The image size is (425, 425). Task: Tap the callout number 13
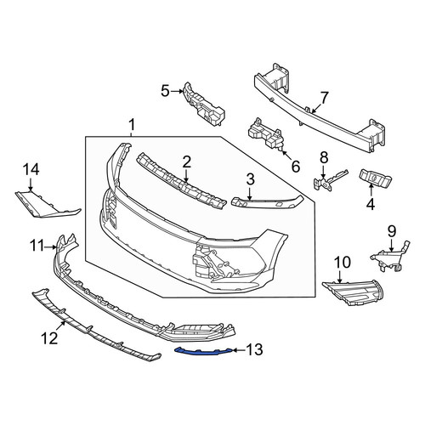[x=254, y=350]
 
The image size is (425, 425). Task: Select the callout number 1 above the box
[x=132, y=125]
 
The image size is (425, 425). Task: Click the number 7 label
[x=324, y=98]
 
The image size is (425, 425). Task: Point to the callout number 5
[x=165, y=91]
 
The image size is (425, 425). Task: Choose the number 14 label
[x=31, y=170]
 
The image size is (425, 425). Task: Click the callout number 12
[x=49, y=337]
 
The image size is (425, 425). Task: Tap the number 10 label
[x=343, y=263]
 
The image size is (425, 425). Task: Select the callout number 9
[x=391, y=231]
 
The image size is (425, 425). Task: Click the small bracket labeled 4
[x=376, y=178]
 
